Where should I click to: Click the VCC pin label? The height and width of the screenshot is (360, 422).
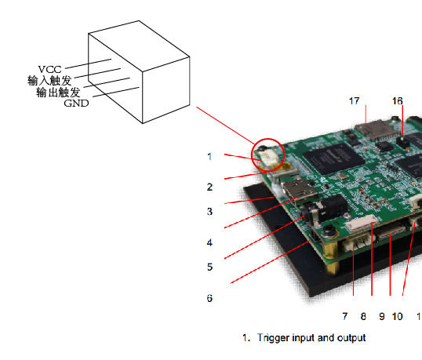click(x=49, y=70)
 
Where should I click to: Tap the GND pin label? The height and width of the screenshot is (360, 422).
click(x=76, y=103)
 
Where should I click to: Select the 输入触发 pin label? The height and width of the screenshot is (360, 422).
click(x=49, y=81)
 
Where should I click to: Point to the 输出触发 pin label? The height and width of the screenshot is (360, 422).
click(x=58, y=93)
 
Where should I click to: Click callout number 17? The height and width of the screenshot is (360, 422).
click(x=355, y=101)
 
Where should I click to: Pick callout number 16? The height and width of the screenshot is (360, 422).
click(x=397, y=101)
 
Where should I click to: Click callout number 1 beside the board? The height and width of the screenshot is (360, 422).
click(x=209, y=156)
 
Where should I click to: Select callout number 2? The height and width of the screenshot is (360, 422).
click(x=209, y=187)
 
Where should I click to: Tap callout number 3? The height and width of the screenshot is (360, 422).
click(x=209, y=212)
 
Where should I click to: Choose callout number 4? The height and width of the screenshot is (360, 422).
click(x=209, y=242)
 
